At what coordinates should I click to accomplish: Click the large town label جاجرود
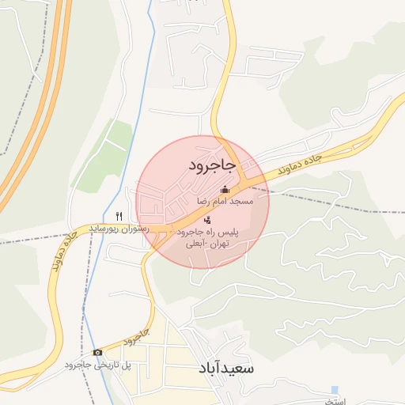tap(212, 165)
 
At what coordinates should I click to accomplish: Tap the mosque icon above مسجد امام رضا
tap(225, 189)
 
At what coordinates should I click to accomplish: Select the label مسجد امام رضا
tap(225, 202)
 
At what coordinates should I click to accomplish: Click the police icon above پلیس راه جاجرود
tap(207, 220)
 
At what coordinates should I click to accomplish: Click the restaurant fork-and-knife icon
tap(119, 215)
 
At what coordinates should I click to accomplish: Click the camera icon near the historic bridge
tap(97, 352)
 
